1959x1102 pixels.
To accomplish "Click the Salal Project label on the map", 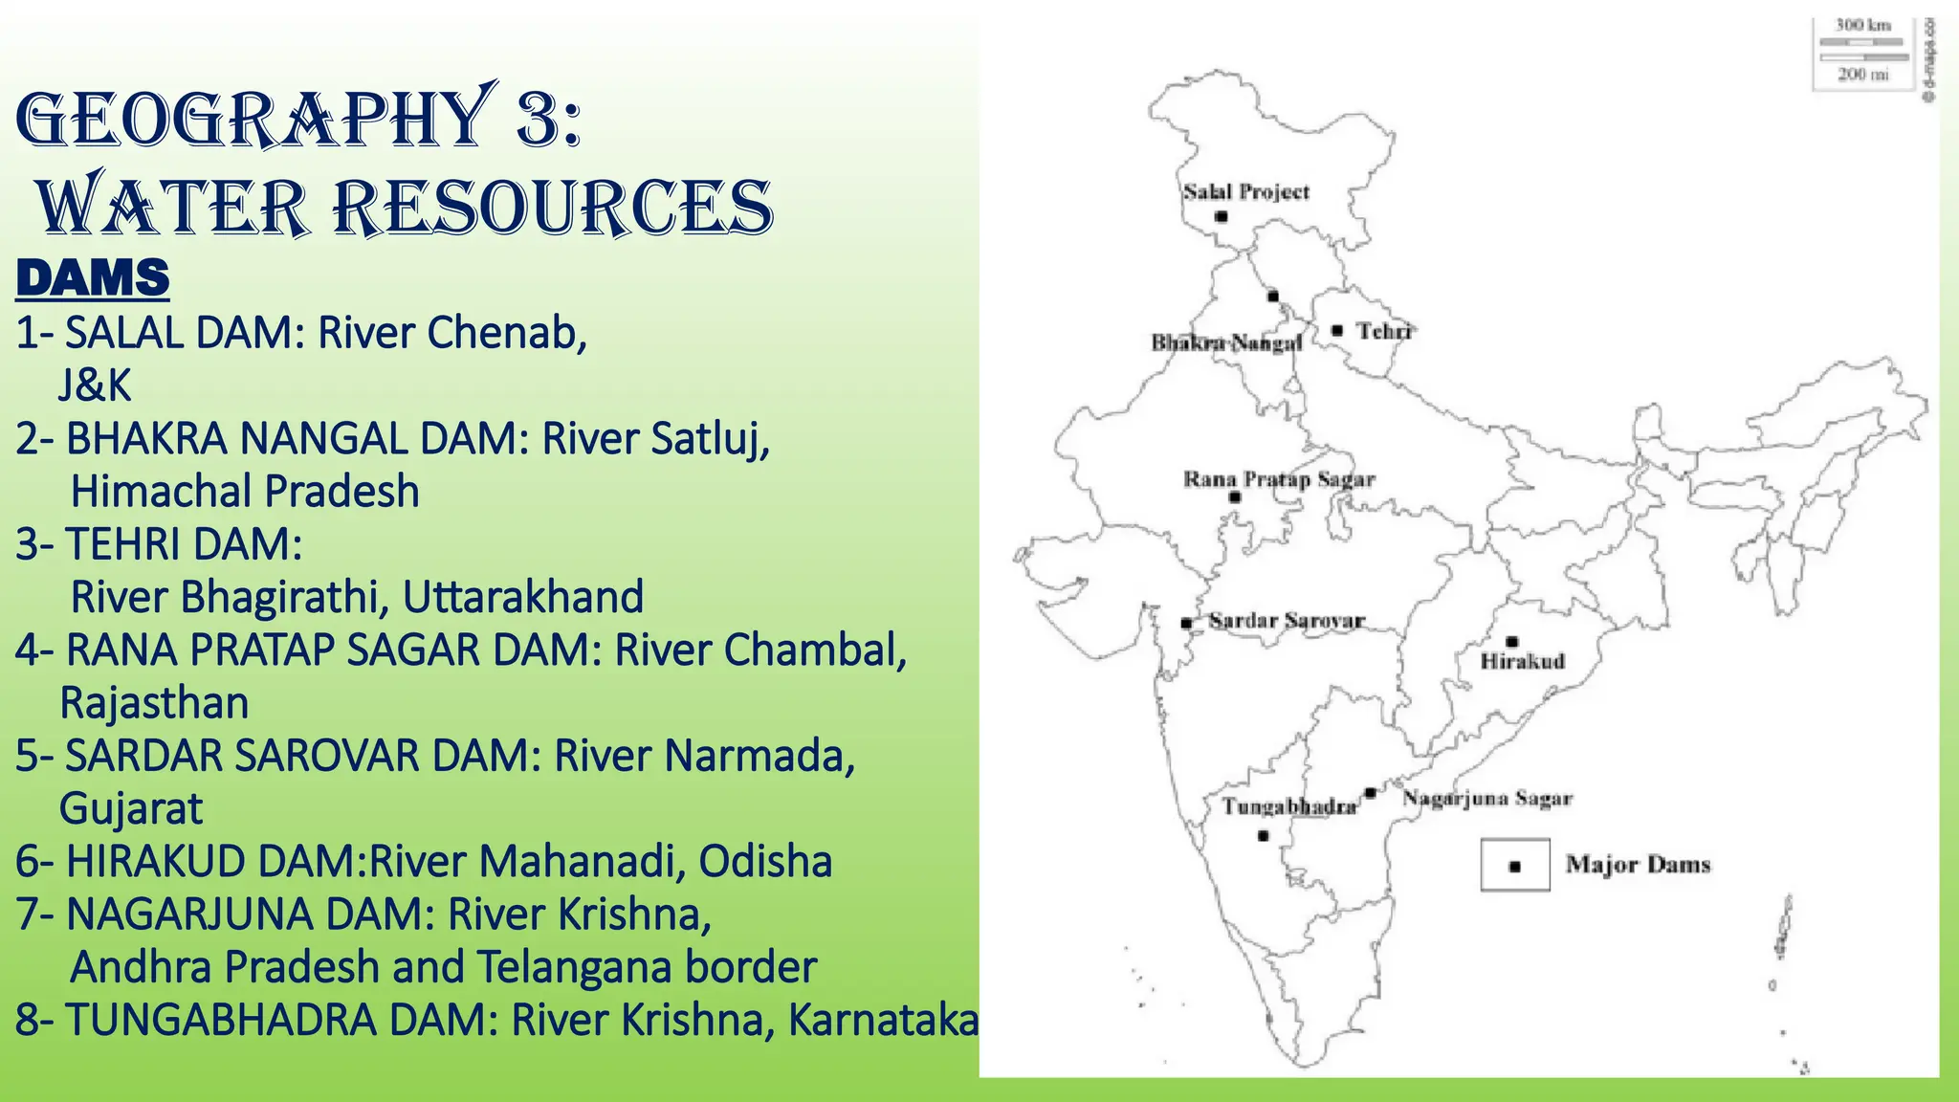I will (1245, 192).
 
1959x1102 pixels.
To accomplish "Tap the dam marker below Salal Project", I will (1222, 217).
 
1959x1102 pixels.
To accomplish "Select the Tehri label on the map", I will (1384, 331).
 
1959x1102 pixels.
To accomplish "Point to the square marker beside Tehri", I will (1337, 331).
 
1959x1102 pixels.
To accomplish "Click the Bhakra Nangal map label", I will (1226, 342).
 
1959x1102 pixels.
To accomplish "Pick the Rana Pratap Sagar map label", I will (1279, 479).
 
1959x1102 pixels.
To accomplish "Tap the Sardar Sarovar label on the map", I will (1287, 621).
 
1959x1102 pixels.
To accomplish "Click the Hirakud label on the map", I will (1522, 661).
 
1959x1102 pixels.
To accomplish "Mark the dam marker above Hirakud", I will (1511, 642).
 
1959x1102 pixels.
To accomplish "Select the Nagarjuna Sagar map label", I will (1487, 798).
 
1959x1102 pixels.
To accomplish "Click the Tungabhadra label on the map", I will (1288, 807).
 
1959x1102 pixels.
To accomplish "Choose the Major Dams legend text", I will (1638, 865).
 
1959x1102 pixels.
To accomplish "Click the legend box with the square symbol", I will (1515, 866).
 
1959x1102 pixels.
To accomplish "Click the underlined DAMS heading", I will (93, 277).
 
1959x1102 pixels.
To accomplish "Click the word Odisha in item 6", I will (765, 861).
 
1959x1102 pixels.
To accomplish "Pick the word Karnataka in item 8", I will (883, 1020).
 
